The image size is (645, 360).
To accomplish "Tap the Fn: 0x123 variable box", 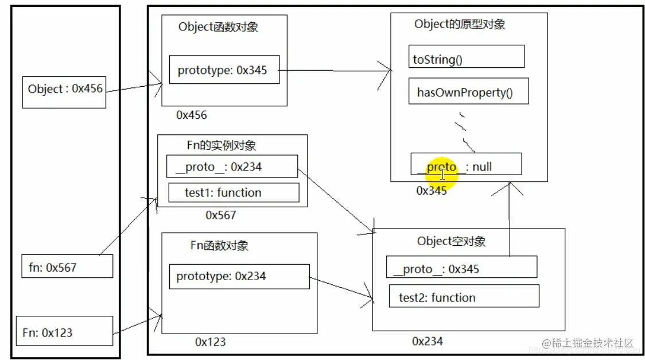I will point(64,331).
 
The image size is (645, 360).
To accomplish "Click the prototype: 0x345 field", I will point(224,69).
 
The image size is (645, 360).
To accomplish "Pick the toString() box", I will point(467,57).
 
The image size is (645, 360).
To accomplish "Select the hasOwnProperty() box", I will point(468,91).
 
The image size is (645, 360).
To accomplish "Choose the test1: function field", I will point(234,192).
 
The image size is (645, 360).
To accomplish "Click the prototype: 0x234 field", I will point(239,276).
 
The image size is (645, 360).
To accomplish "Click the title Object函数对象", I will point(218,27).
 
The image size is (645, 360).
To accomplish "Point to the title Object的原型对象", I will point(460,25).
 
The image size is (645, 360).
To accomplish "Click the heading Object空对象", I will point(451,241).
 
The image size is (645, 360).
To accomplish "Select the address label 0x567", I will point(220,215).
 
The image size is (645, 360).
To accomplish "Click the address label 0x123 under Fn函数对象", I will point(210,342).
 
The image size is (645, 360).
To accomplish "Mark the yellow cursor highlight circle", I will point(442,173).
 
